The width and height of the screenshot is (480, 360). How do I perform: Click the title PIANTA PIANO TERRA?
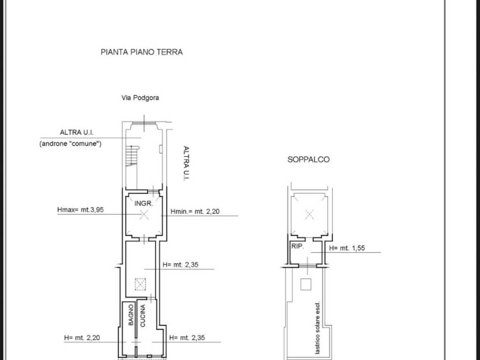click(142, 52)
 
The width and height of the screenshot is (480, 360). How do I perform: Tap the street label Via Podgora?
click(140, 98)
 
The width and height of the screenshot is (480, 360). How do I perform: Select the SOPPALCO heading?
click(308, 159)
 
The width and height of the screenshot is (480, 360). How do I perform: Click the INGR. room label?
click(143, 203)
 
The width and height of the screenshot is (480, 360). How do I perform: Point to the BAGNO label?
click(131, 315)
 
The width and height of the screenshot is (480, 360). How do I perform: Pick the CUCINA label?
click(142, 316)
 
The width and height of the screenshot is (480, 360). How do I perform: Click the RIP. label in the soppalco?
click(297, 246)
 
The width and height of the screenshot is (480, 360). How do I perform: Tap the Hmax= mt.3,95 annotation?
click(81, 210)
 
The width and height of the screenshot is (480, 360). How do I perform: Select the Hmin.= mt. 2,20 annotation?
click(195, 211)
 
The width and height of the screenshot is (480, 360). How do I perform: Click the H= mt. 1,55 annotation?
click(347, 248)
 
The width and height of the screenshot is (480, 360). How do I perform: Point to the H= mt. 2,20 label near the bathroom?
click(82, 338)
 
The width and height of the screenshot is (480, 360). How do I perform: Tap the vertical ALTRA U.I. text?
click(186, 164)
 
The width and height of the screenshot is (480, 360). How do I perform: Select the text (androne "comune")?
click(70, 143)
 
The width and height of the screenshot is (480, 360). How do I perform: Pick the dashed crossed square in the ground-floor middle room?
click(141, 285)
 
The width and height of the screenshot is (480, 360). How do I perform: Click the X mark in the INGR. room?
click(144, 215)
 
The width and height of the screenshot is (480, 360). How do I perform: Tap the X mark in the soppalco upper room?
click(309, 215)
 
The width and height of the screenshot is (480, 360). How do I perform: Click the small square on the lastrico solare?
click(306, 285)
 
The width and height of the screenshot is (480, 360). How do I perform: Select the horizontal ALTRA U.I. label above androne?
click(76, 133)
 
